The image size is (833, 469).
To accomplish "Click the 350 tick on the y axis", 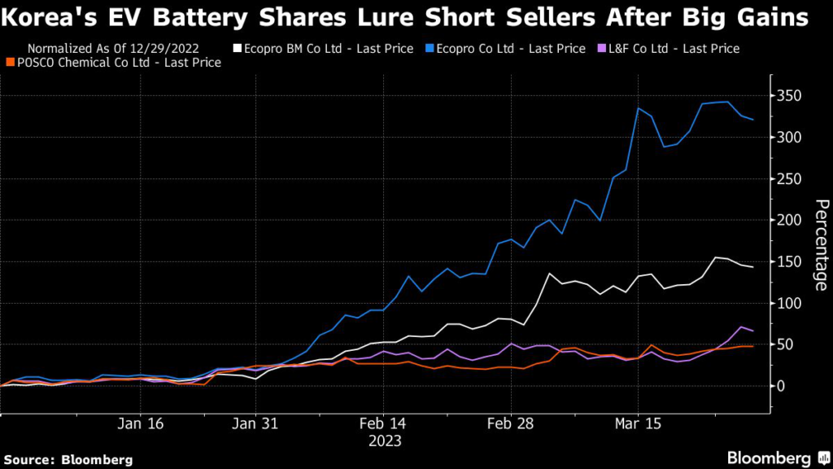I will pos(791,97).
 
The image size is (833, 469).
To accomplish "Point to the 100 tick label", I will pos(791,303).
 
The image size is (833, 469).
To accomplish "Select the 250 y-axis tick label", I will pos(791,179).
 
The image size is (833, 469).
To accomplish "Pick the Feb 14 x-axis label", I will pos(382,424).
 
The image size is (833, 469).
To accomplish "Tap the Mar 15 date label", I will pos(639,424).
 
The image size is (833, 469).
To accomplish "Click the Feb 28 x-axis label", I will pos(510,424).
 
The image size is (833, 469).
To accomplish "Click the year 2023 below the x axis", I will pos(382,441).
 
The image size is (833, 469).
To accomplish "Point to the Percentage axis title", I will pos(821,244).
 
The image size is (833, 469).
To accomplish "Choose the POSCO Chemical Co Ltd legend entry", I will pos(113,63).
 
